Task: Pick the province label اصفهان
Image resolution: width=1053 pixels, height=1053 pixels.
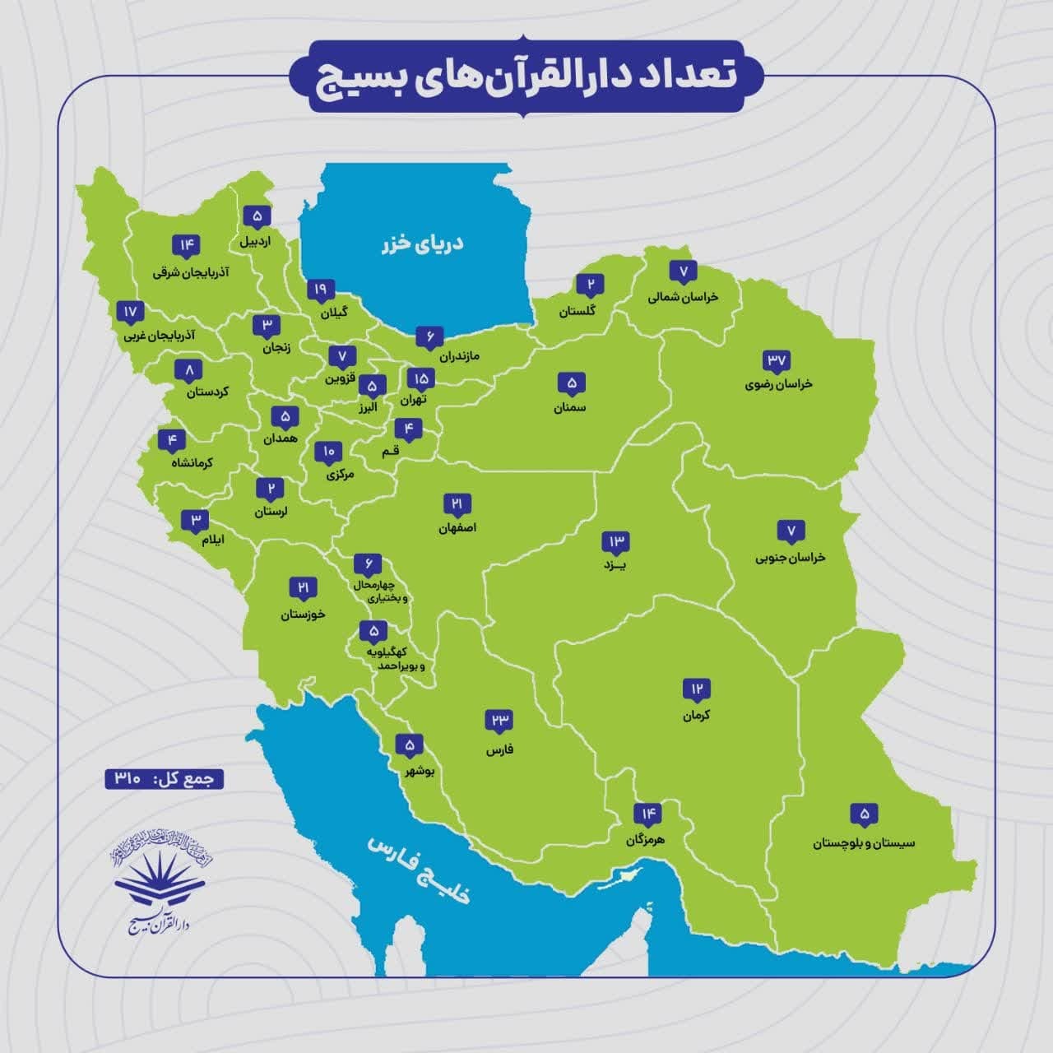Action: [x=458, y=527]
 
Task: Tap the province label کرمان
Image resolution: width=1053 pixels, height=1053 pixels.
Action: [x=696, y=715]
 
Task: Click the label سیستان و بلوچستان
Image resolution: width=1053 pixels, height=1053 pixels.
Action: [x=864, y=842]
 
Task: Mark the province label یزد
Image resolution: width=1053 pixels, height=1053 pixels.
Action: [x=615, y=565]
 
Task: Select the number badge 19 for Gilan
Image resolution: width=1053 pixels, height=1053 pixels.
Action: [x=321, y=290]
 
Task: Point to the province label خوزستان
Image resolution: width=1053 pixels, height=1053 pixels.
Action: [x=303, y=614]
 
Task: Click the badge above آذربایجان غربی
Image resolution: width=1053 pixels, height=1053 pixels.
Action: [x=131, y=313]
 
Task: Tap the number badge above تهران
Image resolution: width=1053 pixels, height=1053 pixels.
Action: [x=420, y=378]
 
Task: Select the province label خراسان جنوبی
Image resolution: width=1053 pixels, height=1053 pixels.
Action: [x=790, y=557]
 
